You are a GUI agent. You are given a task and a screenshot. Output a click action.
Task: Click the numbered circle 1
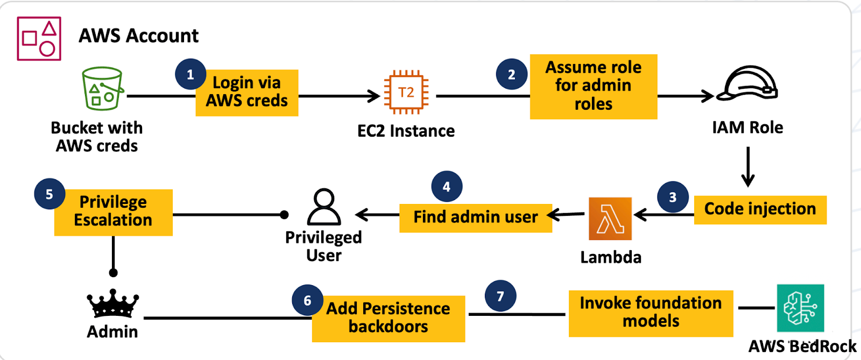pos(190,74)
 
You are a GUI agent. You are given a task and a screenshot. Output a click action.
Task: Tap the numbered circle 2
pos(511,74)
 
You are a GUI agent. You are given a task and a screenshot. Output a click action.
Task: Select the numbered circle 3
pos(673,197)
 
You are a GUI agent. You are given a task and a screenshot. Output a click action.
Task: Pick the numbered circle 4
pos(447,186)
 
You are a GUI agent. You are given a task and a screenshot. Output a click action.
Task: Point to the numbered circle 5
pos(50,194)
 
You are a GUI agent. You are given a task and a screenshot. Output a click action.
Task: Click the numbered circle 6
pos(307,300)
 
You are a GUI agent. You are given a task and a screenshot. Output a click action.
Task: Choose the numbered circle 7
pos(500,296)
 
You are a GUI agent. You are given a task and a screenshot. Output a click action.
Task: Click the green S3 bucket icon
pos(102,89)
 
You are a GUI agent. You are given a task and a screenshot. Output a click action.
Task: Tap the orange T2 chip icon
pos(406,92)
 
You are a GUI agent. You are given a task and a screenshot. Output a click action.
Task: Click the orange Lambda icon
pos(610,218)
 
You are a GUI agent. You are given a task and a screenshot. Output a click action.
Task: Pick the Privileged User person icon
pos(323,207)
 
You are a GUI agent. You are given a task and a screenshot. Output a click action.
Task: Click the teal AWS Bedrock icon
pos(800,308)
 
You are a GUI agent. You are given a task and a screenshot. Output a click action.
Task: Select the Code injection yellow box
pos(760,209)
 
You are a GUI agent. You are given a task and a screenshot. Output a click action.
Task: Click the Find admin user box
pos(476,217)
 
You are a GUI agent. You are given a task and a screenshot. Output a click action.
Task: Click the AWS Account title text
pos(138,36)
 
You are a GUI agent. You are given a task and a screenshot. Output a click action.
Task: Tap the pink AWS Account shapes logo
pos(39,38)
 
